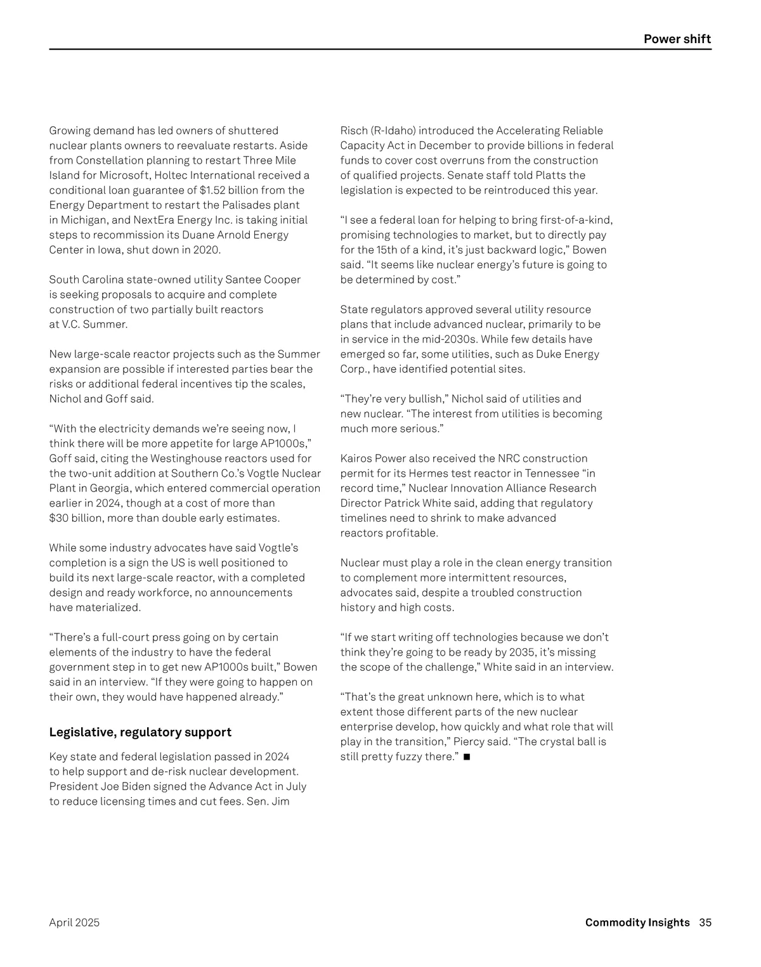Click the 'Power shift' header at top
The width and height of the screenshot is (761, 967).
(x=677, y=39)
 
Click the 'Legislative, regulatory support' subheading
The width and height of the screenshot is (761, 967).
(x=140, y=732)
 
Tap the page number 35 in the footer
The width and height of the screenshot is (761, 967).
(x=705, y=923)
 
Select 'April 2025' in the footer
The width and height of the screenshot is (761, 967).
(x=74, y=923)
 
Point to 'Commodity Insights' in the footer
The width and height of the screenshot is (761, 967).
(x=637, y=923)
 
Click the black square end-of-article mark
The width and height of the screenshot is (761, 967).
(x=467, y=757)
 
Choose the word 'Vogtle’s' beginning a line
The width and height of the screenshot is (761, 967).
(x=277, y=548)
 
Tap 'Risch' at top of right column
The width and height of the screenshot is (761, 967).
(x=354, y=131)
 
